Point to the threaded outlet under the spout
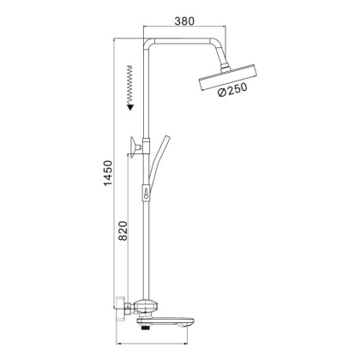pos(143,323)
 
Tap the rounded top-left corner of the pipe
pos(147,40)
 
